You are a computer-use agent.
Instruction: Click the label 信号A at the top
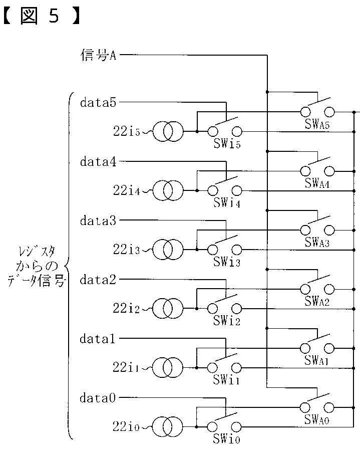[x=98, y=55]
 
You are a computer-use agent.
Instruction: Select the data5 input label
[x=98, y=103]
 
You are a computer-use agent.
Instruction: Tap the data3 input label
[x=98, y=221]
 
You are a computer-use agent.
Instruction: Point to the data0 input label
[x=98, y=399]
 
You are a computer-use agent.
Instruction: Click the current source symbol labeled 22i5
[x=168, y=132]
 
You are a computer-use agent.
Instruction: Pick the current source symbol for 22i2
[x=168, y=309]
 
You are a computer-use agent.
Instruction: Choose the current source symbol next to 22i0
[x=168, y=427]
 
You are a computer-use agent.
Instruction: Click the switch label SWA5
[x=317, y=125]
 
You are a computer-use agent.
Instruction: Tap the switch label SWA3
[x=317, y=243]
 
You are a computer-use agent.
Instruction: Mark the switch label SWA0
[x=317, y=420]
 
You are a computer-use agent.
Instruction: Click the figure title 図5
[x=40, y=17]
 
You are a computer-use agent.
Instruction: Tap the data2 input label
[x=98, y=280]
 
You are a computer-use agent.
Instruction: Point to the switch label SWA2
[x=317, y=302]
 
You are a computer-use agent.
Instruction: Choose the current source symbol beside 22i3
[x=168, y=250]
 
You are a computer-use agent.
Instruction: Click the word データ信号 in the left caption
[x=37, y=281]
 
